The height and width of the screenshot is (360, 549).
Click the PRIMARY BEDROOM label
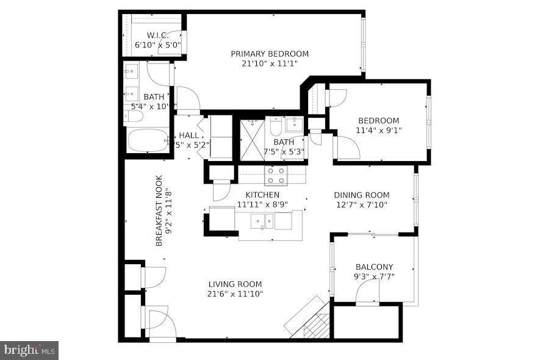pyautogui.click(x=269, y=54)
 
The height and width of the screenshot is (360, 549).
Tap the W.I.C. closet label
pyautogui.click(x=157, y=35)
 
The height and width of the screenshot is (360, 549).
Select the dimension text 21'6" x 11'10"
pyautogui.click(x=235, y=294)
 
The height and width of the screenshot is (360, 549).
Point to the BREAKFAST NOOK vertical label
pyautogui.click(x=159, y=211)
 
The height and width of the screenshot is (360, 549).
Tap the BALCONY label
pyautogui.click(x=375, y=267)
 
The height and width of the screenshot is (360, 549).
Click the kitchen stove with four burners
pyautogui.click(x=275, y=176)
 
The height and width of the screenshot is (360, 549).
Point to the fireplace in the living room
pyautogui.click(x=309, y=317)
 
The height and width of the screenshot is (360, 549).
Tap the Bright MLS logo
pyautogui.click(x=29, y=350)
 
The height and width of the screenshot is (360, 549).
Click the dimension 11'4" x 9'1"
pyautogui.click(x=379, y=130)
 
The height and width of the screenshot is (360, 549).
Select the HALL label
pyautogui.click(x=188, y=135)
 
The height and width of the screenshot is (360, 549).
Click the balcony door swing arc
pyautogui.click(x=367, y=289)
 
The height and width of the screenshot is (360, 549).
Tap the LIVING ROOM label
pyautogui.click(x=235, y=284)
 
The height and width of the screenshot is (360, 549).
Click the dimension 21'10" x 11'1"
pyautogui.click(x=269, y=63)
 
